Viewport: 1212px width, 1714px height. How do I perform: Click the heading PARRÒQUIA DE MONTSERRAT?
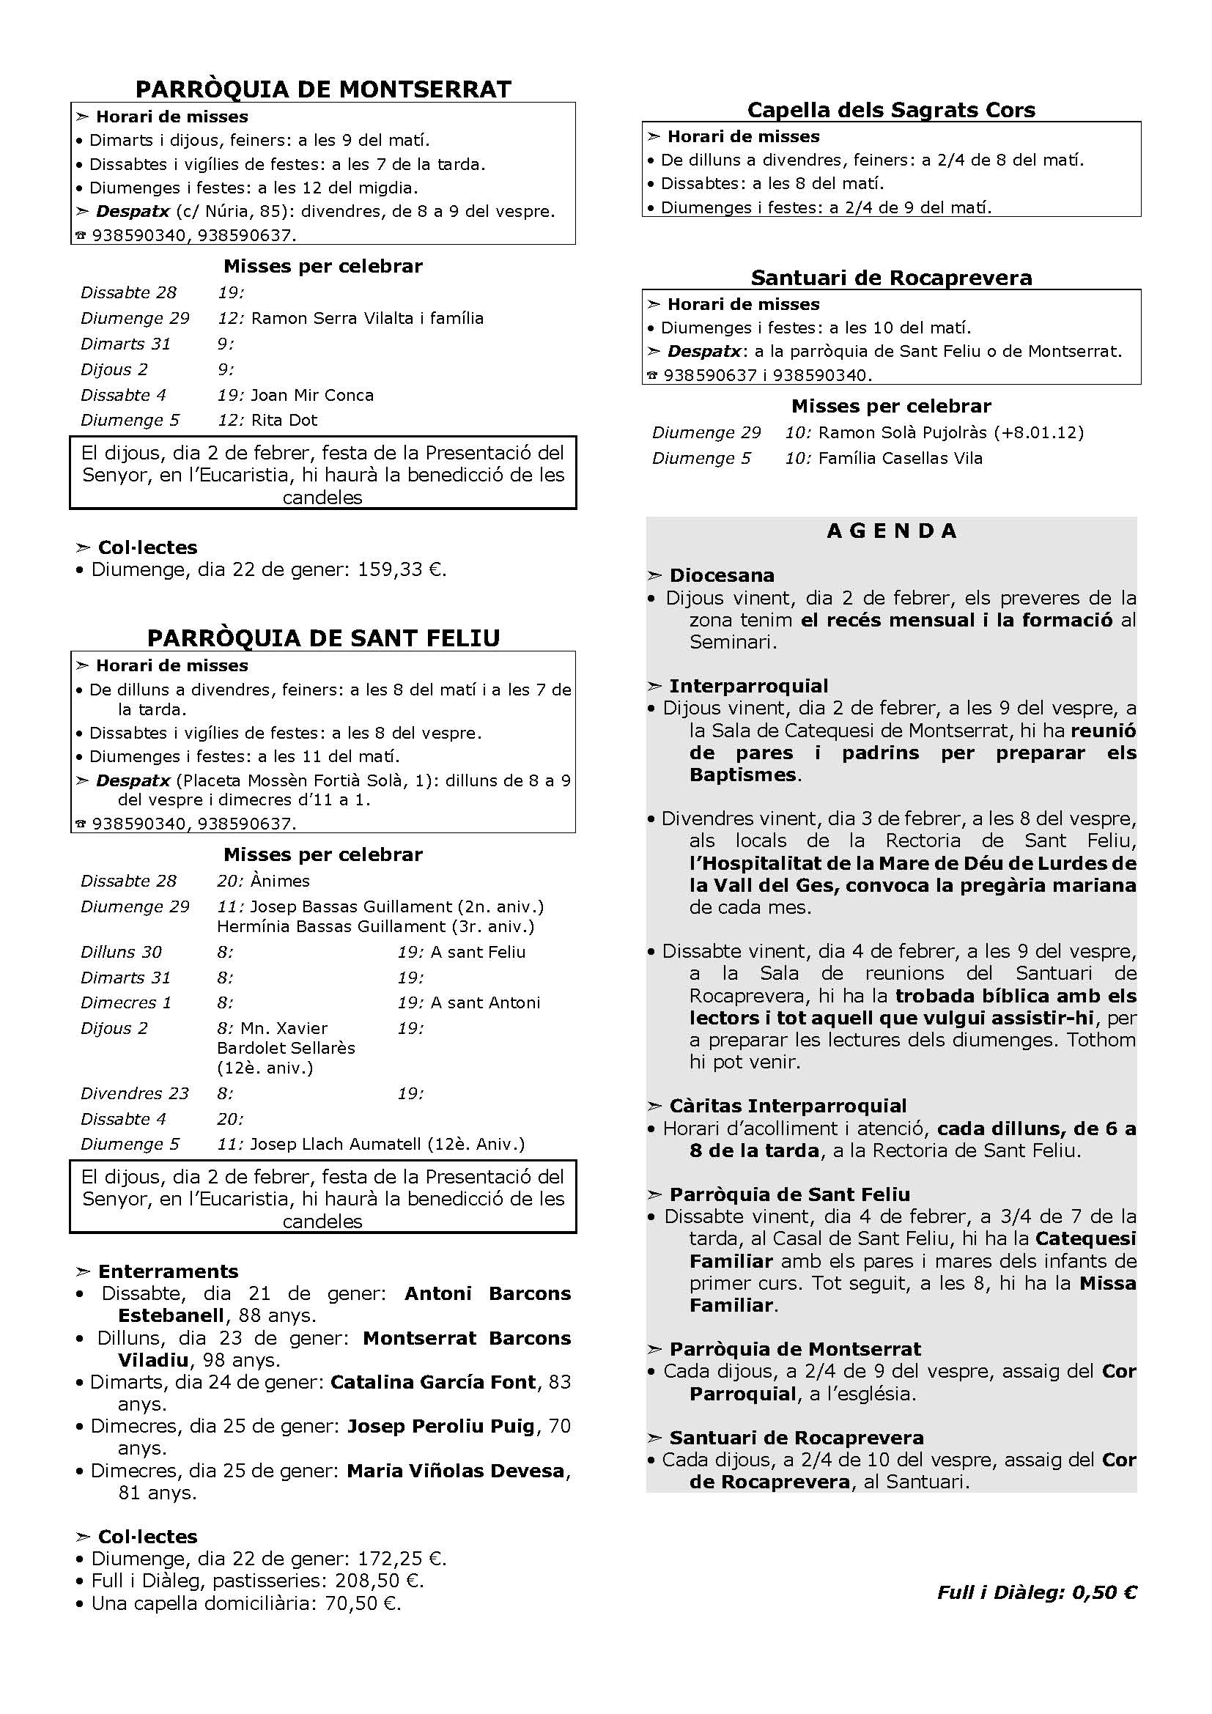click(323, 89)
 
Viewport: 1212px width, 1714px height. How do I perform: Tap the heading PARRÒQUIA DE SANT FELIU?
click(323, 638)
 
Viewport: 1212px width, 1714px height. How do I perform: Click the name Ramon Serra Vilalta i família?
click(367, 319)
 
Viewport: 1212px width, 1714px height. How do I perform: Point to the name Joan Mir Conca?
click(312, 396)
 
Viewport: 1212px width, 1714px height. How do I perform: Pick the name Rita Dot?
click(284, 421)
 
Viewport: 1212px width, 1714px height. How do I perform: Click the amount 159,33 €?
click(401, 570)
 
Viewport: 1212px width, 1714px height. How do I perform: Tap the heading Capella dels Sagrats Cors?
click(891, 111)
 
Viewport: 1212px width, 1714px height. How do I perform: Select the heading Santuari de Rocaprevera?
click(891, 278)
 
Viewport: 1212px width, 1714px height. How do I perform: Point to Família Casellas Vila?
click(900, 458)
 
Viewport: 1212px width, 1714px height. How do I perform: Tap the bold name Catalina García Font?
click(433, 1383)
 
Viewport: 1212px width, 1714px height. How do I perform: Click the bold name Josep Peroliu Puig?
click(440, 1427)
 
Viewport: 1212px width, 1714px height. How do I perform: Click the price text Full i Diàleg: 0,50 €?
click(1037, 1592)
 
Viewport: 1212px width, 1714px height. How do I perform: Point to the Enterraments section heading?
click(168, 1272)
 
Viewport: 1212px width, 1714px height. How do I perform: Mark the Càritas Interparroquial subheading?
click(787, 1107)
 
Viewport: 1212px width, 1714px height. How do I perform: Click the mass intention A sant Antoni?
click(485, 1003)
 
